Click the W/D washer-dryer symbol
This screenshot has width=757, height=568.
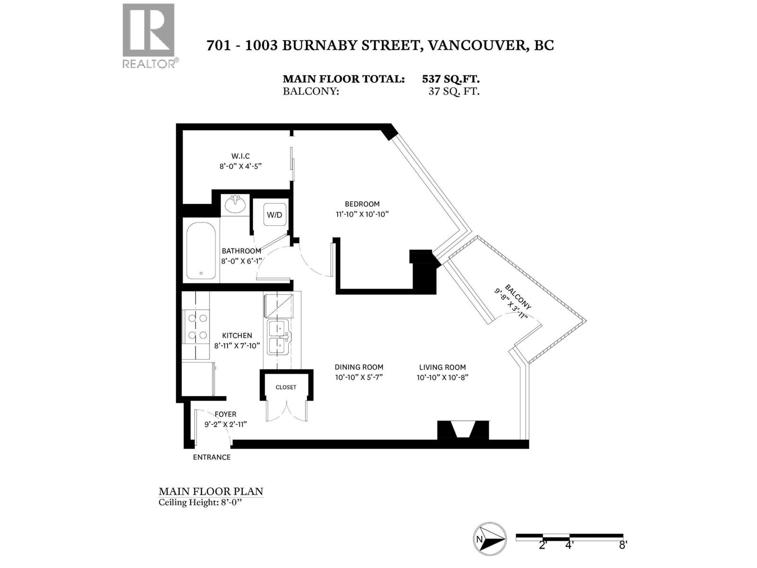pos(274,215)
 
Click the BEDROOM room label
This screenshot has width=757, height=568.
pos(362,204)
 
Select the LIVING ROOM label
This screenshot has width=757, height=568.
pos(442,367)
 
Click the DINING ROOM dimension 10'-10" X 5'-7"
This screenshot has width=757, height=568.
pos(359,377)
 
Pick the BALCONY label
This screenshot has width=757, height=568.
pos(518,297)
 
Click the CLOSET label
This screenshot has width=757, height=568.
pos(286,387)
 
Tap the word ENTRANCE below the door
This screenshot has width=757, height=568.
pos(211,457)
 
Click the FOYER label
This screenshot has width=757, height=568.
pos(225,414)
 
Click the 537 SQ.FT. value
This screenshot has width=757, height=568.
pos(451,79)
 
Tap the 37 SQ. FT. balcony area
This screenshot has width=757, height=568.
pos(454,91)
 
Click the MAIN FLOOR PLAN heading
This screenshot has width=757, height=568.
pos(211,491)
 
